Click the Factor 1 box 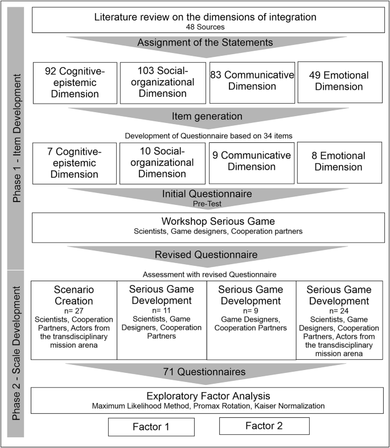point(153,426)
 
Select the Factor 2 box point(264,426)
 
